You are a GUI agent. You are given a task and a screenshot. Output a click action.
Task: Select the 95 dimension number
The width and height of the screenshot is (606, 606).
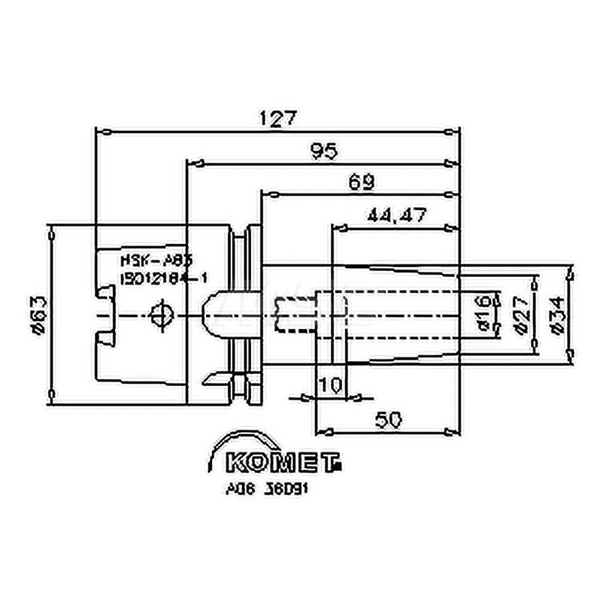click(325, 151)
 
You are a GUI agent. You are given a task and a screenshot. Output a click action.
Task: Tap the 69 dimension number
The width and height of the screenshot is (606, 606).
click(362, 181)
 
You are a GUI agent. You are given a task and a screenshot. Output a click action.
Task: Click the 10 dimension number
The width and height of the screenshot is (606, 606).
click(330, 384)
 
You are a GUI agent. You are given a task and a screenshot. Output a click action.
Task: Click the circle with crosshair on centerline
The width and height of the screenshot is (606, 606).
click(161, 315)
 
